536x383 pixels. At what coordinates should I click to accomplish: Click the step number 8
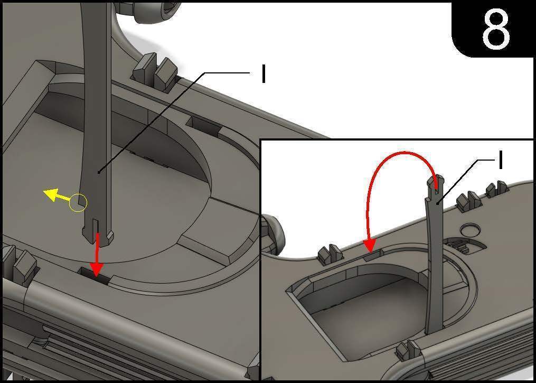tap(496, 29)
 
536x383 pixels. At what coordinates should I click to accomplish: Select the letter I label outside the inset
tap(263, 73)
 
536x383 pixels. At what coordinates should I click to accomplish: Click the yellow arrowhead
tap(49, 194)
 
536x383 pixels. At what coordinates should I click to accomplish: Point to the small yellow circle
tap(78, 203)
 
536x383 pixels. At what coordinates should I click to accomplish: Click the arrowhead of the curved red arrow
tap(369, 245)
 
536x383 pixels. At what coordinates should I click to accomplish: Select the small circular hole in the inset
tap(469, 230)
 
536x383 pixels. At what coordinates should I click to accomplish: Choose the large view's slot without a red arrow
tap(204, 124)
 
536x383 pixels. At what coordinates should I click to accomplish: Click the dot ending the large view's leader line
tap(99, 173)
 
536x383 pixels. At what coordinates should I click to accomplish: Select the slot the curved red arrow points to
tap(373, 255)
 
